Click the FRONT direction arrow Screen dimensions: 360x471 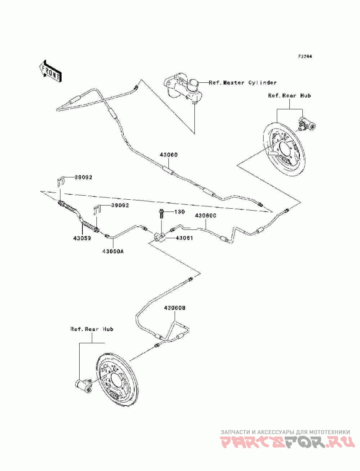click(50, 71)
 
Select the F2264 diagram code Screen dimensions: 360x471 click(305, 56)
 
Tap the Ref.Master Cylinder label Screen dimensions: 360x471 click(243, 82)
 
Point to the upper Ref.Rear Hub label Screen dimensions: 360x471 click(289, 95)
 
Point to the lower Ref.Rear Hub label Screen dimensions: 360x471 click(92, 329)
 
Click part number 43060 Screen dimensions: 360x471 click(169, 155)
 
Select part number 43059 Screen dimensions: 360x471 click(82, 238)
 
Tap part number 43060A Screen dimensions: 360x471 click(112, 252)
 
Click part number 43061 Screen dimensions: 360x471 click(184, 238)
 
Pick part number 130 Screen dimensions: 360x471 click(180, 212)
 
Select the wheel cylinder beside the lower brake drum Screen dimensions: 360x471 click(83, 385)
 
